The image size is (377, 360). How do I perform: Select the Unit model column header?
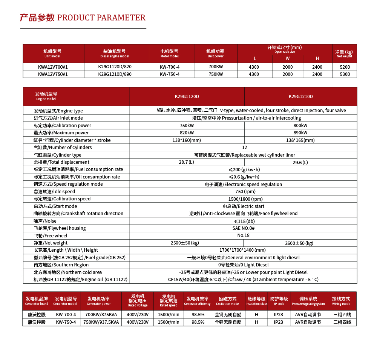tap(52, 53)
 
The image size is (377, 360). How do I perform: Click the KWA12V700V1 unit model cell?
tap(53, 67)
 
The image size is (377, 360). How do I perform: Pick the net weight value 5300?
tap(345, 74)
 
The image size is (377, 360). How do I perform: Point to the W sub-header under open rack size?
tap(287, 58)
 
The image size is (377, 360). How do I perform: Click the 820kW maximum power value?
tap(187, 133)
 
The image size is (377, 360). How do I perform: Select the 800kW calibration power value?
tap(300, 126)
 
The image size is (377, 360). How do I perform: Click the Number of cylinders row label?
tap(63, 148)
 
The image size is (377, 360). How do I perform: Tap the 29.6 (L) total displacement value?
tap(300, 162)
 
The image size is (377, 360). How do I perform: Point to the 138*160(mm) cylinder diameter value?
tap(187, 140)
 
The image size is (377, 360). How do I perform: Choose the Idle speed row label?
tap(54, 192)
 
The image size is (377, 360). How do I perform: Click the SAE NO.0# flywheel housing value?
tap(244, 228)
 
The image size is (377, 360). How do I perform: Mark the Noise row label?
tap(45, 221)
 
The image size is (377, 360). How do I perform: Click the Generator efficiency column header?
tap(197, 301)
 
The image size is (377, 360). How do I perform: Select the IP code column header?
tap(279, 301)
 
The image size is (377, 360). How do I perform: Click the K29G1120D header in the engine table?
tap(187, 96)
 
